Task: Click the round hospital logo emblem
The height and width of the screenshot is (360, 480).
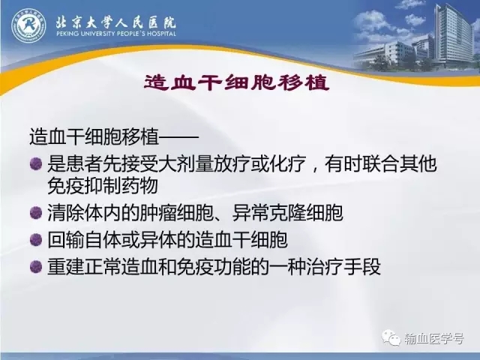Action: [28, 25]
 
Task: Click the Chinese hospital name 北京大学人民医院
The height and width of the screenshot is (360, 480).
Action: [115, 22]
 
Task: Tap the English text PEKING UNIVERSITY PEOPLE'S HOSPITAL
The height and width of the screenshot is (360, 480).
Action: [116, 33]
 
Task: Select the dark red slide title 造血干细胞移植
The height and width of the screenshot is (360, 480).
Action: [236, 82]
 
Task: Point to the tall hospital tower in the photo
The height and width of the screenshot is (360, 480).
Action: [453, 35]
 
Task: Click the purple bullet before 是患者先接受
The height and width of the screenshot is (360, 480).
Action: [36, 163]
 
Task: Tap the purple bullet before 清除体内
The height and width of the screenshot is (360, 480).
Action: [36, 212]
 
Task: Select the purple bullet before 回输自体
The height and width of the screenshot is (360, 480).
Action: [36, 239]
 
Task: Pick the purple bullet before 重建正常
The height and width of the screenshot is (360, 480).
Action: [36, 266]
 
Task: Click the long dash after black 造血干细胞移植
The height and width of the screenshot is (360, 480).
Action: [179, 136]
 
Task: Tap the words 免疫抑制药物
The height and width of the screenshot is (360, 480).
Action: [103, 185]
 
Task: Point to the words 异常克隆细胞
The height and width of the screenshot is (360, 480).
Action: [287, 213]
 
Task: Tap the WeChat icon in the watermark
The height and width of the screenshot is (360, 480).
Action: [391, 337]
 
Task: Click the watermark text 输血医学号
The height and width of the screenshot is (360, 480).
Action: [434, 338]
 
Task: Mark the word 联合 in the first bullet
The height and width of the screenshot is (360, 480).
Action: [380, 163]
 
